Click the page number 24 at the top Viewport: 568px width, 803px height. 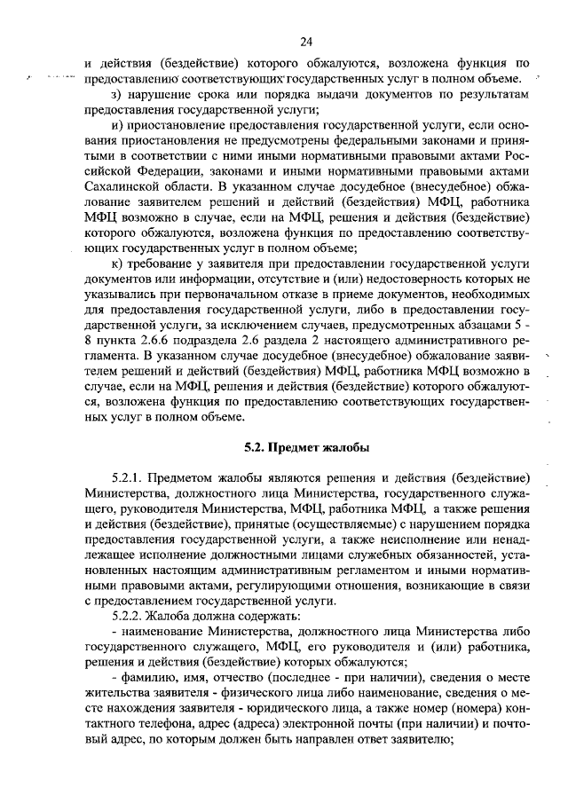coord(305,41)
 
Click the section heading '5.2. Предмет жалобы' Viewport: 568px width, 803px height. coord(306,445)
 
